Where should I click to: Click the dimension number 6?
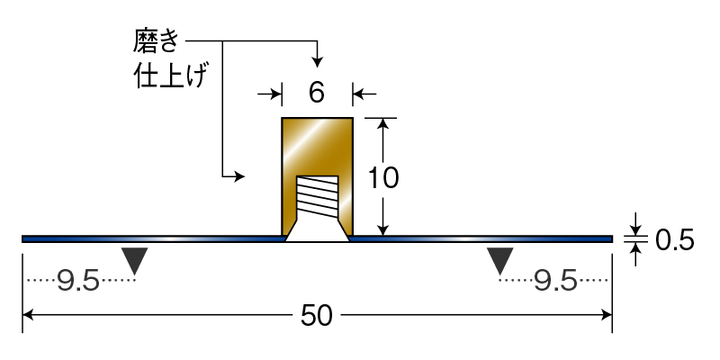click(x=317, y=93)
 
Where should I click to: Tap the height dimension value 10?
click(x=383, y=178)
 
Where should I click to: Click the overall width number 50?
click(x=317, y=316)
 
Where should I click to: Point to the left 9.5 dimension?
click(x=78, y=280)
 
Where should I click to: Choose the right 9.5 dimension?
click(x=555, y=280)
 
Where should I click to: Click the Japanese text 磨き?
click(x=155, y=40)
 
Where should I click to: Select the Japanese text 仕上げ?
click(x=168, y=76)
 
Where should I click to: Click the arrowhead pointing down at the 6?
click(x=317, y=61)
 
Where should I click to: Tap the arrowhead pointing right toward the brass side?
click(x=238, y=176)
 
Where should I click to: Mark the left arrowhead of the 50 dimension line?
click(x=28, y=315)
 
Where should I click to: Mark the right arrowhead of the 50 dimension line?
click(x=606, y=315)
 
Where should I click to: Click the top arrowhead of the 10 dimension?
click(x=384, y=124)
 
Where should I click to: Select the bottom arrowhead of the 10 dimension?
click(x=384, y=229)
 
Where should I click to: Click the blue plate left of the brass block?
click(x=152, y=238)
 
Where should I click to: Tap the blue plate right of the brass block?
click(x=481, y=238)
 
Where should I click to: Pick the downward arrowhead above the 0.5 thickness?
click(x=635, y=229)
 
